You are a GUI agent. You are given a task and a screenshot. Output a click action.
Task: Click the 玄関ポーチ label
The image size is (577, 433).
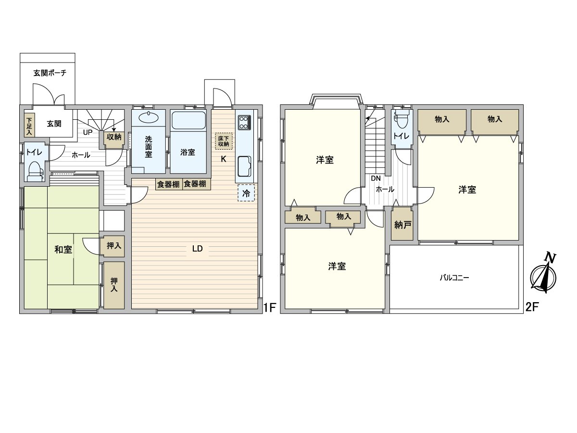point(50,74)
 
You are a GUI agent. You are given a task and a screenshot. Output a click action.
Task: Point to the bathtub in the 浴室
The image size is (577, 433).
point(188,120)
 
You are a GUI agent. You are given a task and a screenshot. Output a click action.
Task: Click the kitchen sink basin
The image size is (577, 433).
point(244,166)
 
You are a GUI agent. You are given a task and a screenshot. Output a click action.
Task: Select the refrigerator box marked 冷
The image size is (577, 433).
point(246,194)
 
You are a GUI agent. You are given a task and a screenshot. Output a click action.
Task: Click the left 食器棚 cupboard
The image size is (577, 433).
point(168,184)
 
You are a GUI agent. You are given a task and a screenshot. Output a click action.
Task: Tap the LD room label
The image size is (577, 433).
point(197,249)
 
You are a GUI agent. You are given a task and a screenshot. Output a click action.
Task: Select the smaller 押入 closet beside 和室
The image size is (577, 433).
point(113,246)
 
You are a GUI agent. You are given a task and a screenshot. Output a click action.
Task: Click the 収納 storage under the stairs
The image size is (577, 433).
point(114,137)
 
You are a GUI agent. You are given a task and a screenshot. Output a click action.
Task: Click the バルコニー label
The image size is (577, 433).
point(454,278)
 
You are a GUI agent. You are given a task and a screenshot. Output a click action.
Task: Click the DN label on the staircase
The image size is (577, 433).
point(376,178)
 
